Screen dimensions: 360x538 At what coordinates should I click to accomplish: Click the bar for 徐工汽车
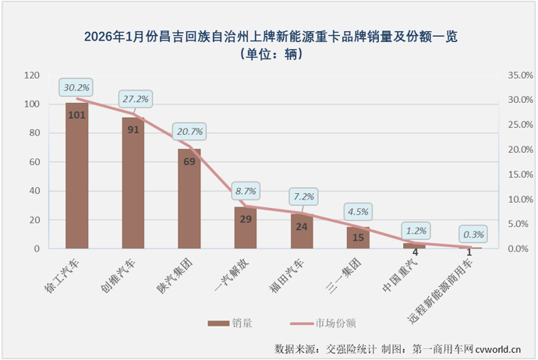coord(76,175)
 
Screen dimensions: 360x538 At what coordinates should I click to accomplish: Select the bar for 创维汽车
coord(133,183)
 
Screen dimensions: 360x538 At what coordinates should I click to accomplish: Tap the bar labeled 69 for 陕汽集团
coord(189,199)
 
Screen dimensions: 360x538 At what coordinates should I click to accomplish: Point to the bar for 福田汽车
coord(302,231)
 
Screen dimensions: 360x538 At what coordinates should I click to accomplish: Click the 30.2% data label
coord(76,86)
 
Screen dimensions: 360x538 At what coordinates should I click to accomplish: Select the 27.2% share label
coord(134,100)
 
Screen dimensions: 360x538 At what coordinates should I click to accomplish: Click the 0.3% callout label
coord(473,233)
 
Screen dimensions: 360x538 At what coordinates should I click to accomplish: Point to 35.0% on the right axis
coord(519,76)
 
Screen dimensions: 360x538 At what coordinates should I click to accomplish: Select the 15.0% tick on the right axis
coord(519,175)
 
